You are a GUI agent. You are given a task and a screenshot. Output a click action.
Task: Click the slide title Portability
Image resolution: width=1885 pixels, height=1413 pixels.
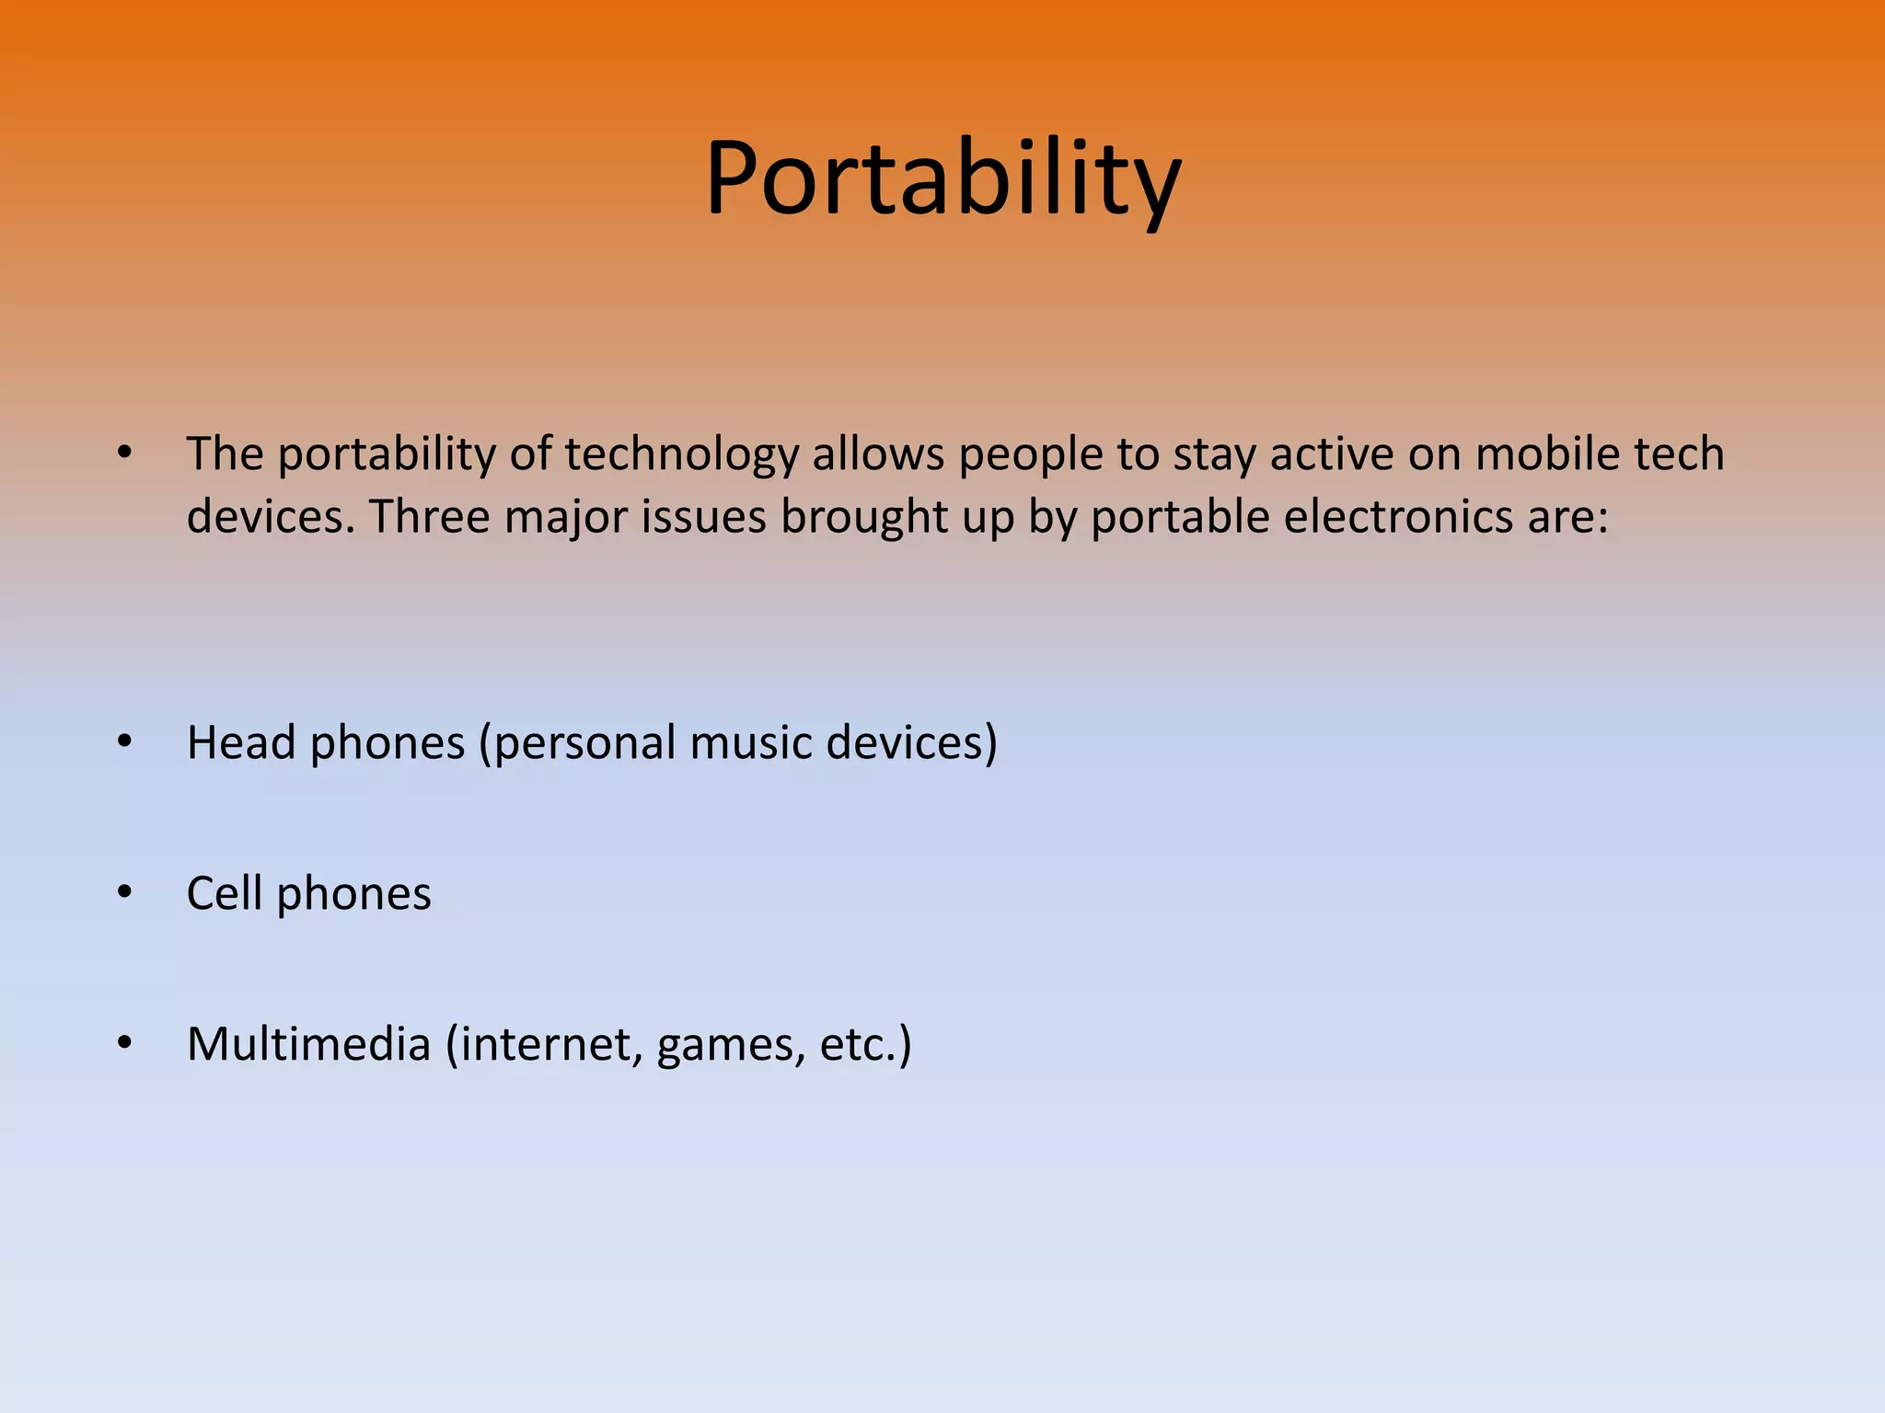click(942, 179)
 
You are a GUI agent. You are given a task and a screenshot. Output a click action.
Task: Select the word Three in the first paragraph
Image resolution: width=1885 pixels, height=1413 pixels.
click(428, 517)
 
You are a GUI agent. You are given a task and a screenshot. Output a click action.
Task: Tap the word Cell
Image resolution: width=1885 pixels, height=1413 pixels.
click(224, 893)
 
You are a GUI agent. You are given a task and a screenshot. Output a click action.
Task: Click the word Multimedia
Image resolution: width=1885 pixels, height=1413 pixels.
click(308, 1044)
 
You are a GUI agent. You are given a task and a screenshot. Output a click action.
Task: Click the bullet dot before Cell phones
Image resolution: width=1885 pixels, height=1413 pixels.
click(125, 891)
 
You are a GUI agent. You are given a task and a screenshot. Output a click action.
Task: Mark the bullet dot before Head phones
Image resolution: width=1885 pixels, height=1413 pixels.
click(125, 741)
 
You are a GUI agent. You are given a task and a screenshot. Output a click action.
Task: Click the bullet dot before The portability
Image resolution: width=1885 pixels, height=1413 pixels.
click(125, 453)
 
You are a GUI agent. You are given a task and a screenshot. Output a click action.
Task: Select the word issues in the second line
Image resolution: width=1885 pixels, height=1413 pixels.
click(704, 517)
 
